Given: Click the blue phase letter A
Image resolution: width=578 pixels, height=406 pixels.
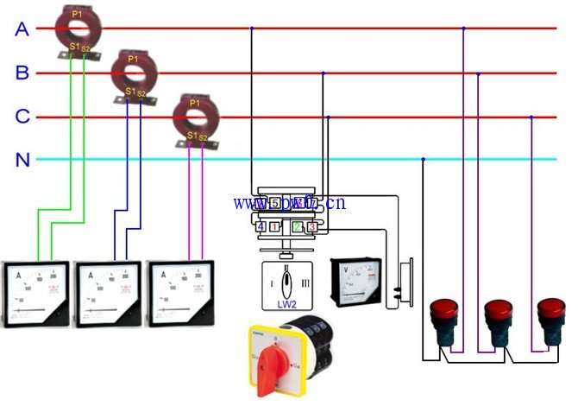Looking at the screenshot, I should (22, 29).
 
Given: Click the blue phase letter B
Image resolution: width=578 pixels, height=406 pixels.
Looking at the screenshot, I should (22, 73).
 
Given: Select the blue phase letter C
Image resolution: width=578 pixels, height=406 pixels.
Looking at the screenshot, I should (22, 117).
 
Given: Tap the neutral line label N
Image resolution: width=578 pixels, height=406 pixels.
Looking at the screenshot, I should (22, 160).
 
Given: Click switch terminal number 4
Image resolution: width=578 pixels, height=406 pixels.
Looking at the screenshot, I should (261, 226).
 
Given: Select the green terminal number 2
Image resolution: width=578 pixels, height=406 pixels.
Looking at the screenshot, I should (298, 226).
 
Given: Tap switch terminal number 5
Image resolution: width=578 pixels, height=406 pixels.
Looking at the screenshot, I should (274, 204).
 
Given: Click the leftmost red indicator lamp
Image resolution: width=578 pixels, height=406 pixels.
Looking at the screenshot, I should (444, 315).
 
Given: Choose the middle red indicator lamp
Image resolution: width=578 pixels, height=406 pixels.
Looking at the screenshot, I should (497, 315).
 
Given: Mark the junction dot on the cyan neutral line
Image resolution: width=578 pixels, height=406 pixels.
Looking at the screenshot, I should (423, 159).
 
